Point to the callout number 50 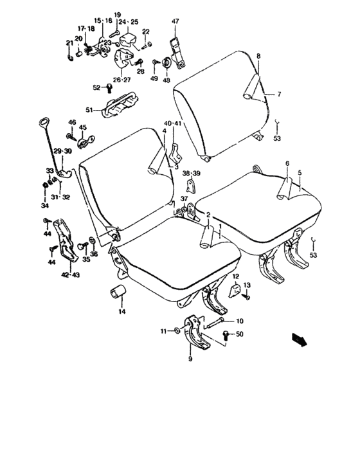click(x=240, y=334)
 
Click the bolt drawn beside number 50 click(x=226, y=334)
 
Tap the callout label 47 click(x=175, y=21)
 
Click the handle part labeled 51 click(x=121, y=103)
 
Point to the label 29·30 click(x=62, y=151)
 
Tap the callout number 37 click(x=184, y=199)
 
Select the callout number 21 click(x=69, y=43)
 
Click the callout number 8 click(x=258, y=57)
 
